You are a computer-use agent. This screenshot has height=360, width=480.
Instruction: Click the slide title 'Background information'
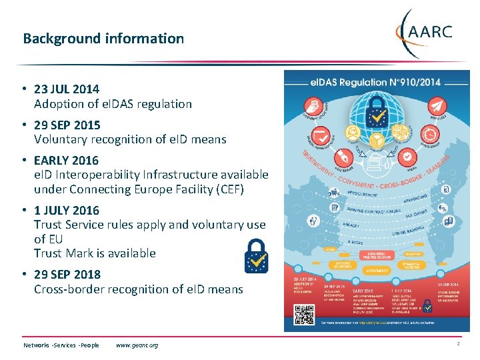pos(103,39)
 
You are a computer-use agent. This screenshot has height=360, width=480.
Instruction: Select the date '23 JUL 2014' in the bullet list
pos(67,89)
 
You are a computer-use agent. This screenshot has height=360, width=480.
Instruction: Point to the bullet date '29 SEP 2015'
pos(67,125)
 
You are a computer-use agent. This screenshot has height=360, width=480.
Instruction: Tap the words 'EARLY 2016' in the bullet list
pos(66,161)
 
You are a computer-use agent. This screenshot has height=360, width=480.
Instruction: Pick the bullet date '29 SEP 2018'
pos(67,274)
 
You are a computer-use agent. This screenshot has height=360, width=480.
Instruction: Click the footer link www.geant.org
pos(137,345)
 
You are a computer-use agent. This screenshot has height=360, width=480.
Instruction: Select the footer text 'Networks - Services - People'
pos(61,345)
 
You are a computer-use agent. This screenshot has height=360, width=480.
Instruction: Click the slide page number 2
pos(458,344)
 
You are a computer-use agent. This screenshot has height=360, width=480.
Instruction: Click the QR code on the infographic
pos(303,313)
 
